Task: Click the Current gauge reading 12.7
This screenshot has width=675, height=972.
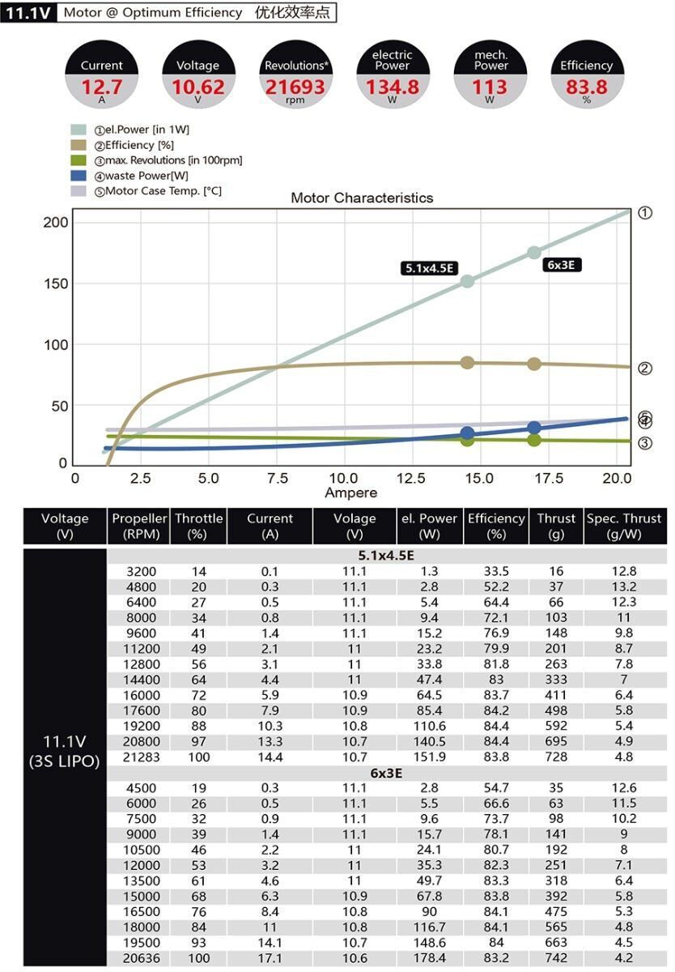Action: [x=102, y=86]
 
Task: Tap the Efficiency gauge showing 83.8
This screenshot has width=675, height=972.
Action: [x=586, y=86]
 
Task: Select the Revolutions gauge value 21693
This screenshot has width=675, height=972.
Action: [x=295, y=86]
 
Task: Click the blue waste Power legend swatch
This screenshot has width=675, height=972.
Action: [x=79, y=176]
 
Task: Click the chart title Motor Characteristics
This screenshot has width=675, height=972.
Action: [x=362, y=198]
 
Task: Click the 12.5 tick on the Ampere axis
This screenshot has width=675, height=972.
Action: [x=414, y=479]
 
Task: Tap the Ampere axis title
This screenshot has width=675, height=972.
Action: [x=350, y=493]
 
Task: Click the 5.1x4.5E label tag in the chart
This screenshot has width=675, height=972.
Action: [x=427, y=268]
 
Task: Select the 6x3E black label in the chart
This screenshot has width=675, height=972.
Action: [x=562, y=265]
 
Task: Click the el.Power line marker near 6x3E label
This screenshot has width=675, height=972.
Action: [x=534, y=253]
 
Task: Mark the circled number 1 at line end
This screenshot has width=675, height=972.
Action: [x=645, y=213]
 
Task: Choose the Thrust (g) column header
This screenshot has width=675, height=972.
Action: [x=556, y=526]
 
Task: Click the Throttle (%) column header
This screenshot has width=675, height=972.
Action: [x=198, y=526]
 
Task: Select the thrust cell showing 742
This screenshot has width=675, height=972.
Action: [x=557, y=958]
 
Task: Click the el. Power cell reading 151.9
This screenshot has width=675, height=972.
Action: [x=429, y=757]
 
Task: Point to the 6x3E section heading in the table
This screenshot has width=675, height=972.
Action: [x=386, y=773]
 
